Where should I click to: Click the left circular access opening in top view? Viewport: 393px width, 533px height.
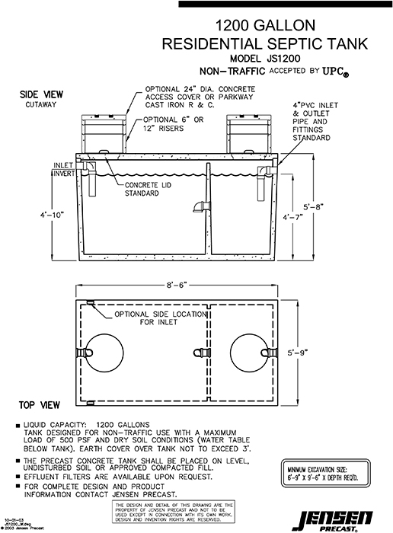click(105, 353)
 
